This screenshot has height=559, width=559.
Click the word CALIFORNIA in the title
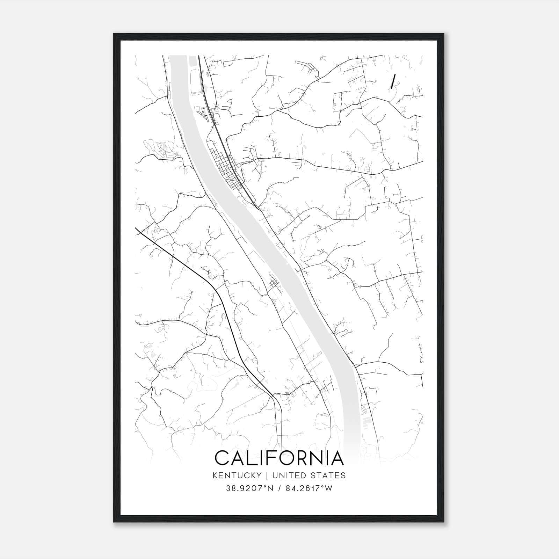[x=279, y=458]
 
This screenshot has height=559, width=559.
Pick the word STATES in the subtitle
[x=329, y=475]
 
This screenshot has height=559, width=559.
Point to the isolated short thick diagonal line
[x=393, y=81]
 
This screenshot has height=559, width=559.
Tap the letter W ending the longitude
[x=328, y=488]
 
